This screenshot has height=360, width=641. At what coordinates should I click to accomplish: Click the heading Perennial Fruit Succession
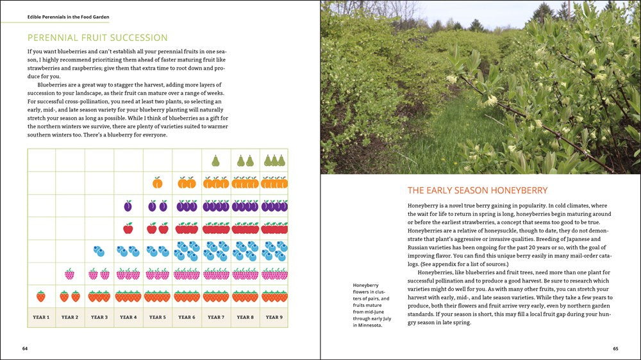click(97, 38)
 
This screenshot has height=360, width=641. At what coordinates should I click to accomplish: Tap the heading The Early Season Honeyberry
click(478, 190)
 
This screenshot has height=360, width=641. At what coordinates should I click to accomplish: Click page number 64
click(25, 348)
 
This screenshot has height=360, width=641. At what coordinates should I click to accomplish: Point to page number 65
click(615, 348)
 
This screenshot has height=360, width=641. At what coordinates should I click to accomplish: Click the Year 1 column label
click(40, 317)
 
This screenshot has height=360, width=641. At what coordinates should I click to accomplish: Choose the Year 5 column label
click(157, 317)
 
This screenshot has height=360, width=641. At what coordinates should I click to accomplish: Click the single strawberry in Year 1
click(41, 296)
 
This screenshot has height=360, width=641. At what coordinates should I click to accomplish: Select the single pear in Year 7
click(216, 160)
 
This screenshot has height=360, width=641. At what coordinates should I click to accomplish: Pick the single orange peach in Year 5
click(158, 183)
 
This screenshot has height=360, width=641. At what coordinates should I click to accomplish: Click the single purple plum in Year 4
click(128, 206)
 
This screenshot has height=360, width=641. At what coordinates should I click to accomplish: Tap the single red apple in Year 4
click(128, 228)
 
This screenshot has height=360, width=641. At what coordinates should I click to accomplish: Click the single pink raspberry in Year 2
click(70, 274)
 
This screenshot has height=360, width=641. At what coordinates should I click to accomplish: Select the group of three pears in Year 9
click(274, 160)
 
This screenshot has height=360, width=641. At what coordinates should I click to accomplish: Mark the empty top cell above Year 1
click(41, 160)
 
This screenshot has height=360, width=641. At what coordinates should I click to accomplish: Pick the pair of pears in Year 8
click(245, 160)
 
